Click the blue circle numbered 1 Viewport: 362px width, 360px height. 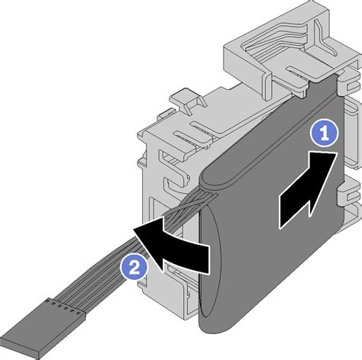pos(324,133)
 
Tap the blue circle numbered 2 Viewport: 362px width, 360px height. pos(134,267)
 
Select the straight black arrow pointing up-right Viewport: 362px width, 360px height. pos(308,190)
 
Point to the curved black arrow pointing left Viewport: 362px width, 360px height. pos(171,245)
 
